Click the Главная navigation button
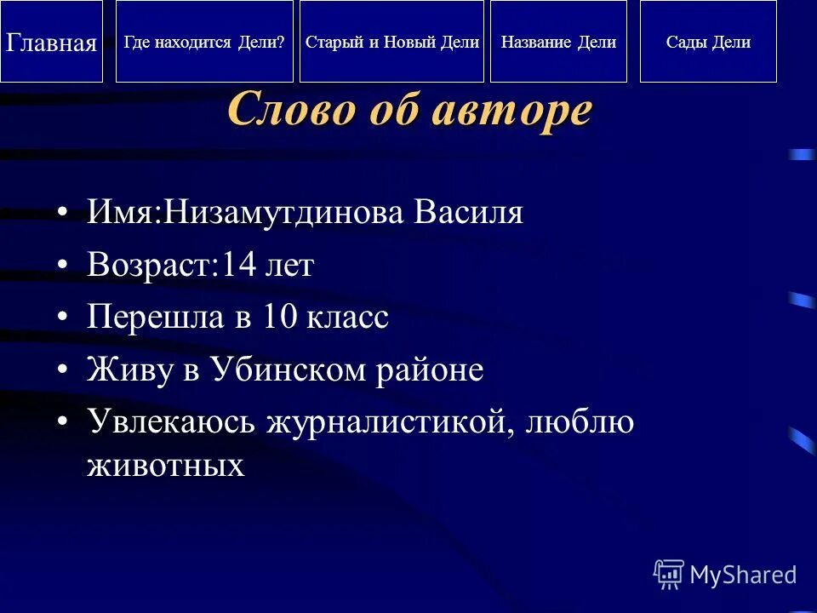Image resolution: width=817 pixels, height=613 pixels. click(x=51, y=42)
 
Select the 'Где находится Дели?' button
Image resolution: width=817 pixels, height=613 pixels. click(x=204, y=42)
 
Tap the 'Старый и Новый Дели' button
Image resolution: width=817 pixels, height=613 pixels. click(x=391, y=42)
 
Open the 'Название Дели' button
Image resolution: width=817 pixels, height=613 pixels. click(x=558, y=42)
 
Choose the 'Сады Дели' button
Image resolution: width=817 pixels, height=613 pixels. click(x=708, y=42)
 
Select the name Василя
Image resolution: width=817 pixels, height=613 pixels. click(x=469, y=213)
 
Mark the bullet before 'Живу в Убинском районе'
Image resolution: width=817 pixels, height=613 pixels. click(x=62, y=370)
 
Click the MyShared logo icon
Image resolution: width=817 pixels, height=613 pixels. click(x=668, y=575)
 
